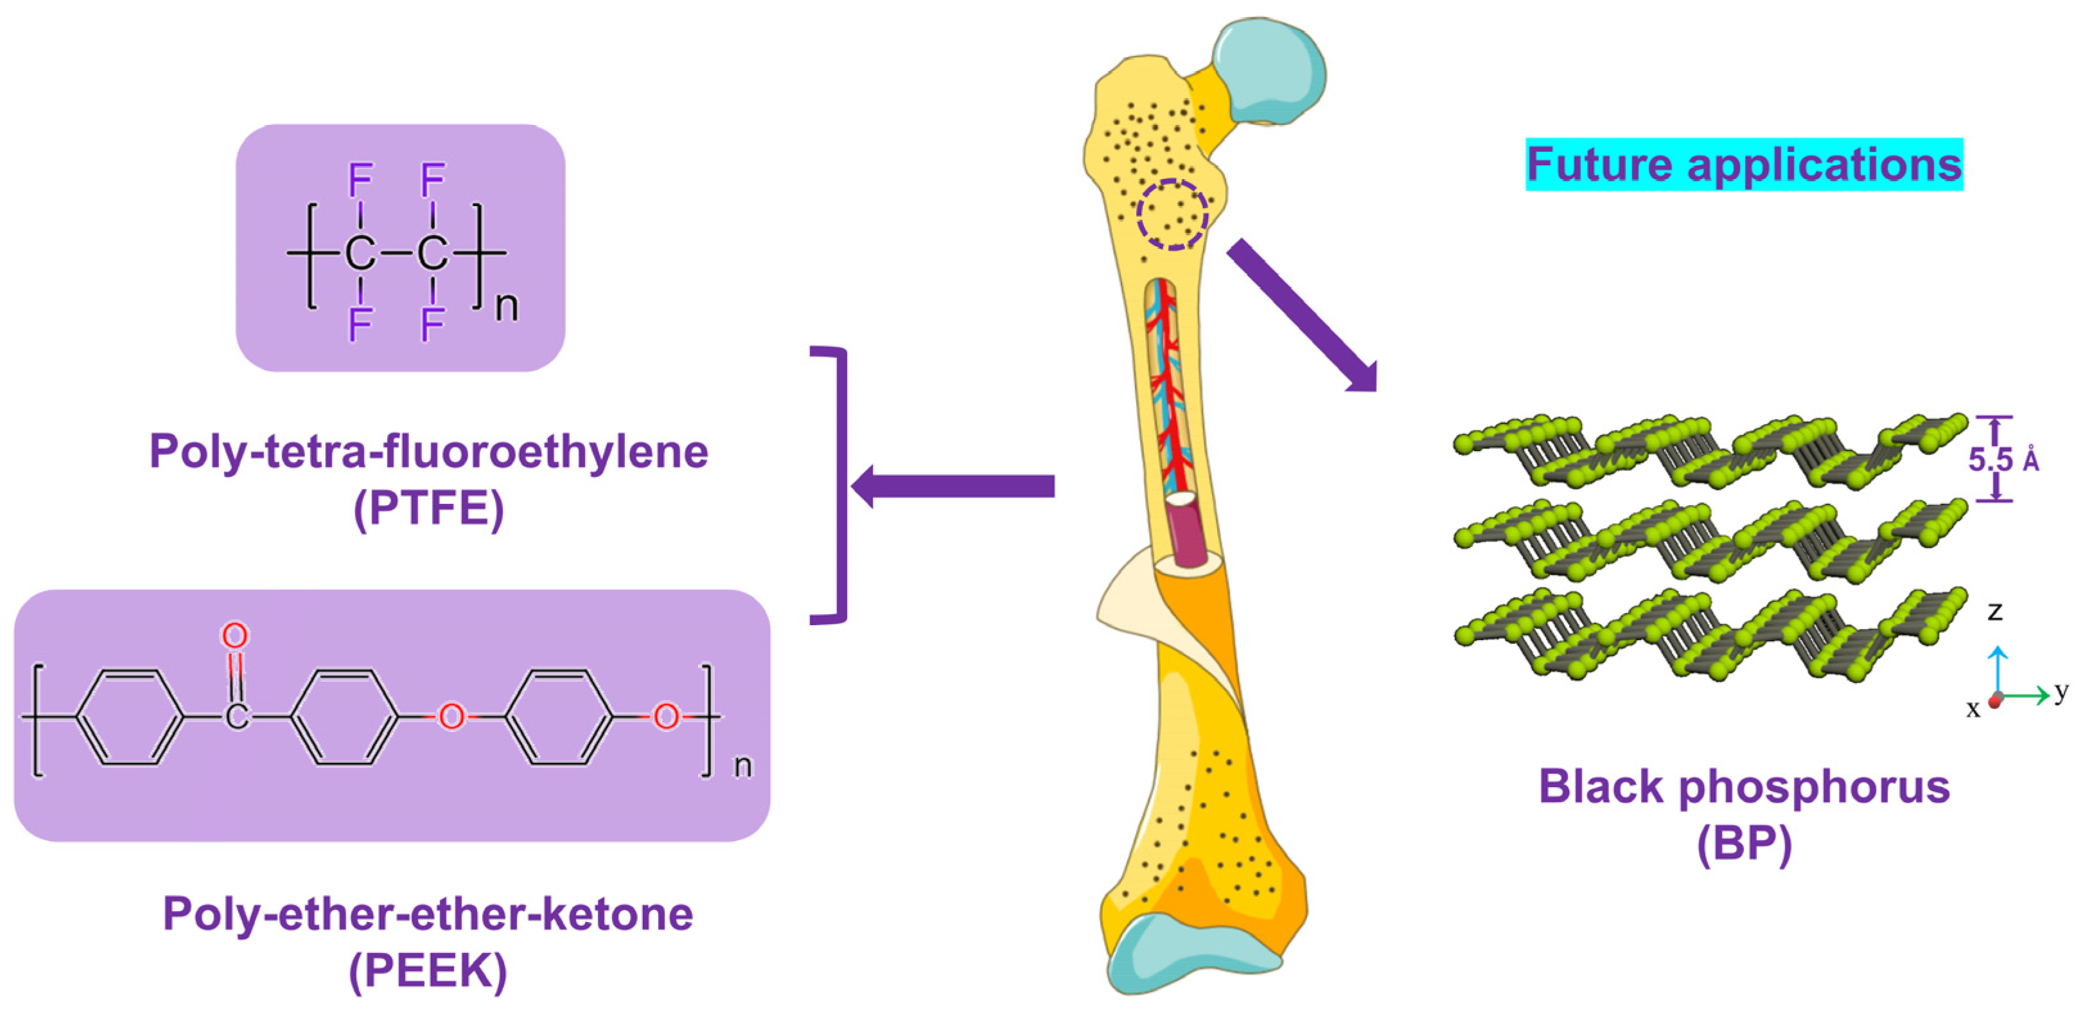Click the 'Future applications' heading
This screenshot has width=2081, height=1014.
click(x=1743, y=165)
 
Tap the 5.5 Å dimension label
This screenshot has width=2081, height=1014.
click(x=2002, y=459)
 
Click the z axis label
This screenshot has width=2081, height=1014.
click(x=1994, y=612)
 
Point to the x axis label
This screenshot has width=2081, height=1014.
click(x=1972, y=709)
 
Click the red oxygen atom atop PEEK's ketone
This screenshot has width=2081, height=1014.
click(x=234, y=636)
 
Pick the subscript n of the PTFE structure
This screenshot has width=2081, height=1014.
click(x=507, y=307)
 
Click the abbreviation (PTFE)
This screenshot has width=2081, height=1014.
click(x=428, y=509)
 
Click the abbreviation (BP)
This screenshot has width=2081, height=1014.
click(x=1743, y=844)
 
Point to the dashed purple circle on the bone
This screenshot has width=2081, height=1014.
click(x=1172, y=214)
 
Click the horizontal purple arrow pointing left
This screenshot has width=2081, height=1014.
click(x=953, y=486)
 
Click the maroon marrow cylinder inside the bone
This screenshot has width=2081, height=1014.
click(x=1186, y=529)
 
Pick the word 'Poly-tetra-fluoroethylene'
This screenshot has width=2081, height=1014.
click(x=428, y=451)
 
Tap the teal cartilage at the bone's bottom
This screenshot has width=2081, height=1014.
click(x=1188, y=957)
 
